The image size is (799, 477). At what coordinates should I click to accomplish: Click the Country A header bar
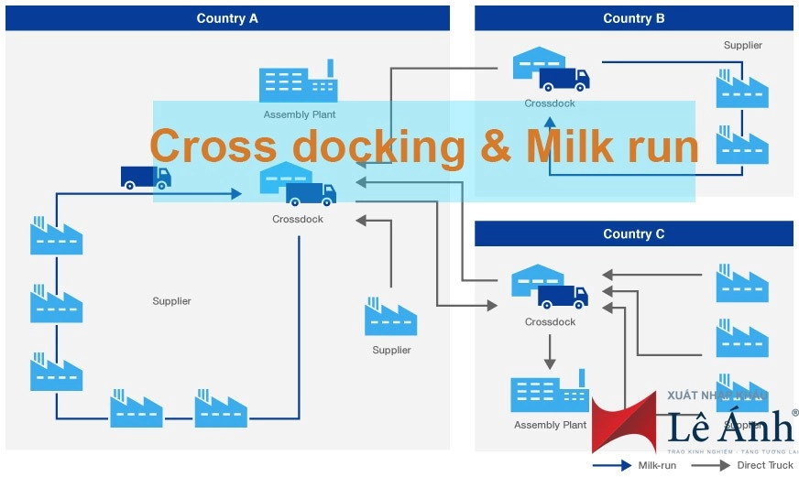[227, 18]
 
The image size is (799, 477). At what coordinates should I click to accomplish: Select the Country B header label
[634, 18]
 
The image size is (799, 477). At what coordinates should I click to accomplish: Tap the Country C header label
[634, 233]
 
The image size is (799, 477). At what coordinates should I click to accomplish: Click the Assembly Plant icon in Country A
[298, 82]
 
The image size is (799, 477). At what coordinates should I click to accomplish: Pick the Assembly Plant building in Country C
[549, 392]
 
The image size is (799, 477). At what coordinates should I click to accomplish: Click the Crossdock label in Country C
[550, 322]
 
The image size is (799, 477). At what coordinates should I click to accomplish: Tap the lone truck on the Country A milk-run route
[146, 177]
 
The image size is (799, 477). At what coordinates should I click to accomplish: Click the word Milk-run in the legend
[657, 465]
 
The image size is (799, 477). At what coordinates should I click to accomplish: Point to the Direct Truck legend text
[765, 465]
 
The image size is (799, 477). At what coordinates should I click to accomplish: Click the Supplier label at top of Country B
[742, 45]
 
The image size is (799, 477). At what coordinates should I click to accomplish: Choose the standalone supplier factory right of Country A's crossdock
[391, 317]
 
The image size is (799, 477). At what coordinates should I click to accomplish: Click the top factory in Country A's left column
[56, 236]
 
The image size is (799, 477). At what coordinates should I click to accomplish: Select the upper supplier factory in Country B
[742, 89]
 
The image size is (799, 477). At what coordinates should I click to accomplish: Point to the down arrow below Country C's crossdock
[550, 352]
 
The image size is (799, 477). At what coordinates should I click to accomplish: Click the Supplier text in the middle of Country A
[171, 301]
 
